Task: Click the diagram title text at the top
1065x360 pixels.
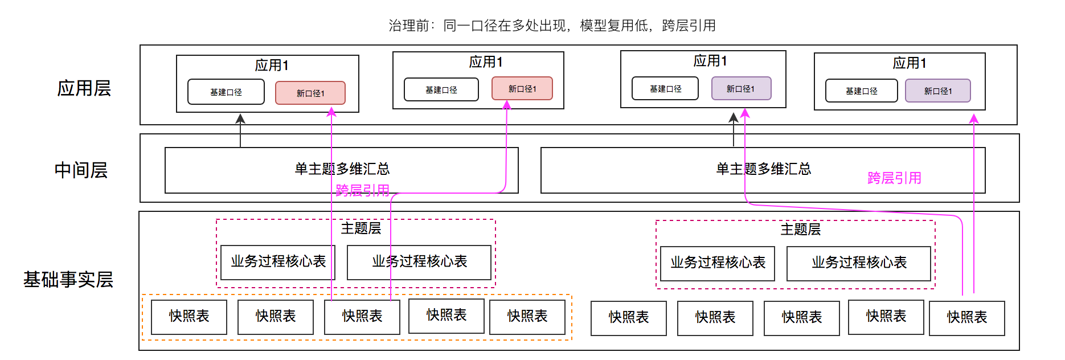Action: tap(552, 26)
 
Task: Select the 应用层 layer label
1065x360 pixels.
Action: tap(84, 88)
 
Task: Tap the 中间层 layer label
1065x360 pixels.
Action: tap(81, 170)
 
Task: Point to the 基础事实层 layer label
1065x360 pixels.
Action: tap(68, 280)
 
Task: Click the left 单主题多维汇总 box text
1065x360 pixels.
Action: tap(342, 169)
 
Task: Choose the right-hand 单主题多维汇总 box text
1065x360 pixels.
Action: tap(763, 169)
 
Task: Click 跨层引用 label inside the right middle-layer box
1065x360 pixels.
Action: tap(894, 178)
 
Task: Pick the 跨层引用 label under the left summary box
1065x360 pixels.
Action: tap(362, 190)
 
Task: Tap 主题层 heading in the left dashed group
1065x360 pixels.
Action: tap(361, 228)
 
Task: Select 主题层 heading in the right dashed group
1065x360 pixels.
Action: tap(800, 230)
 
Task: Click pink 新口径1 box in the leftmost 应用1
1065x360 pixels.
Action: tap(310, 93)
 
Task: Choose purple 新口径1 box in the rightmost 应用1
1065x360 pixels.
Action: tap(937, 91)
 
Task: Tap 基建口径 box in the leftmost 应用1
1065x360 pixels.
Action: tap(226, 92)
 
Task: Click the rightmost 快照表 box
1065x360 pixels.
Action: tap(966, 318)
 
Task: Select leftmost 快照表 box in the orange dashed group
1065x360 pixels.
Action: tap(189, 317)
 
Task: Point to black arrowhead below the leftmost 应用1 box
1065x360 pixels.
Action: tap(240, 118)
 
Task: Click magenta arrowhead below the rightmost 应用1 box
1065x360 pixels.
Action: tap(974, 118)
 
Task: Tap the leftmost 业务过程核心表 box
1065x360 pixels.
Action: tap(278, 262)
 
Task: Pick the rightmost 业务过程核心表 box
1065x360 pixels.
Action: tap(858, 263)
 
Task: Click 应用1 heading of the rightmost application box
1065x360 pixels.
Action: tap(909, 63)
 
